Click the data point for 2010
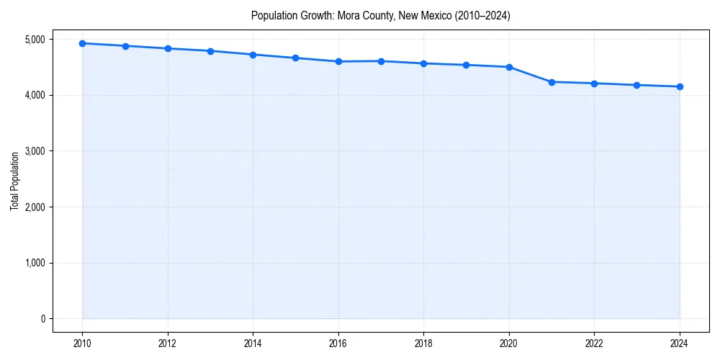[x=82, y=43]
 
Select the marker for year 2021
[x=552, y=82]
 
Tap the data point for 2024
[x=680, y=86]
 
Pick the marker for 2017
[x=381, y=61]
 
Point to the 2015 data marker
[x=296, y=58]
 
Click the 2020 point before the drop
[x=509, y=67]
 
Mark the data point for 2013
[x=210, y=51]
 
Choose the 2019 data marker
[x=467, y=65]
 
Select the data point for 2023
[x=637, y=85]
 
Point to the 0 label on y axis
[x=42, y=319]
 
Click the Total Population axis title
[x=14, y=181]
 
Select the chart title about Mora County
[x=380, y=16]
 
